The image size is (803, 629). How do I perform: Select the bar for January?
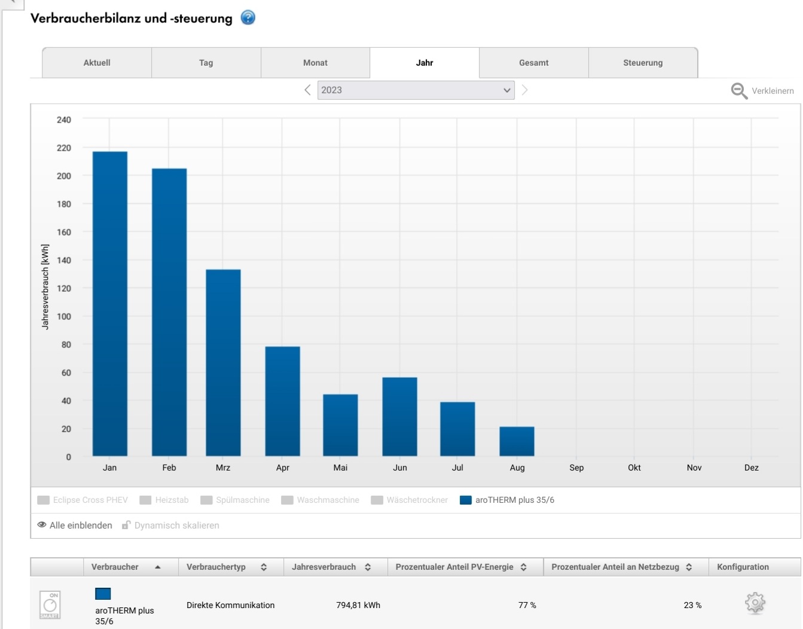pos(110,304)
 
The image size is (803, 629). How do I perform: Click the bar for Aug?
pos(517,441)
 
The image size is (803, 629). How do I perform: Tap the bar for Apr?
pos(282,401)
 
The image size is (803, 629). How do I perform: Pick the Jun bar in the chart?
pos(399,417)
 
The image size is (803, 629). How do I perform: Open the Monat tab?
pos(315,63)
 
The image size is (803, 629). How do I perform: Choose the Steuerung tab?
pos(643,63)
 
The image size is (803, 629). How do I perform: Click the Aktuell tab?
pos(97,63)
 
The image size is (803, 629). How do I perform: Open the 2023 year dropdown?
pos(416,90)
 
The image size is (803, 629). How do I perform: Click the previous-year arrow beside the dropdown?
pos(307,90)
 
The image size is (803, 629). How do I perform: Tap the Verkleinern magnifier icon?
pos(739,91)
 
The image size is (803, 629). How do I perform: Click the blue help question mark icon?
pos(248,18)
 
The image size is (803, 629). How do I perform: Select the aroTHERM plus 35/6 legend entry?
pos(507,500)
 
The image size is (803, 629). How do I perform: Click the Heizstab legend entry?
pos(164,500)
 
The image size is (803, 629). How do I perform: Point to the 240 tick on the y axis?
pos(63,120)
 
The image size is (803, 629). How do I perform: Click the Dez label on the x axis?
pos(751,468)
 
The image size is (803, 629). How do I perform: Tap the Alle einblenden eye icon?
pos(42,525)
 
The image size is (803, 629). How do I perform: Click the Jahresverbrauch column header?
pos(323,567)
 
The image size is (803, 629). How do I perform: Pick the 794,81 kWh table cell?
pos(358,605)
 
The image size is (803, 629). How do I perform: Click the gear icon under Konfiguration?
pos(755,603)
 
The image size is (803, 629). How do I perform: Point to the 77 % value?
pos(527,605)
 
